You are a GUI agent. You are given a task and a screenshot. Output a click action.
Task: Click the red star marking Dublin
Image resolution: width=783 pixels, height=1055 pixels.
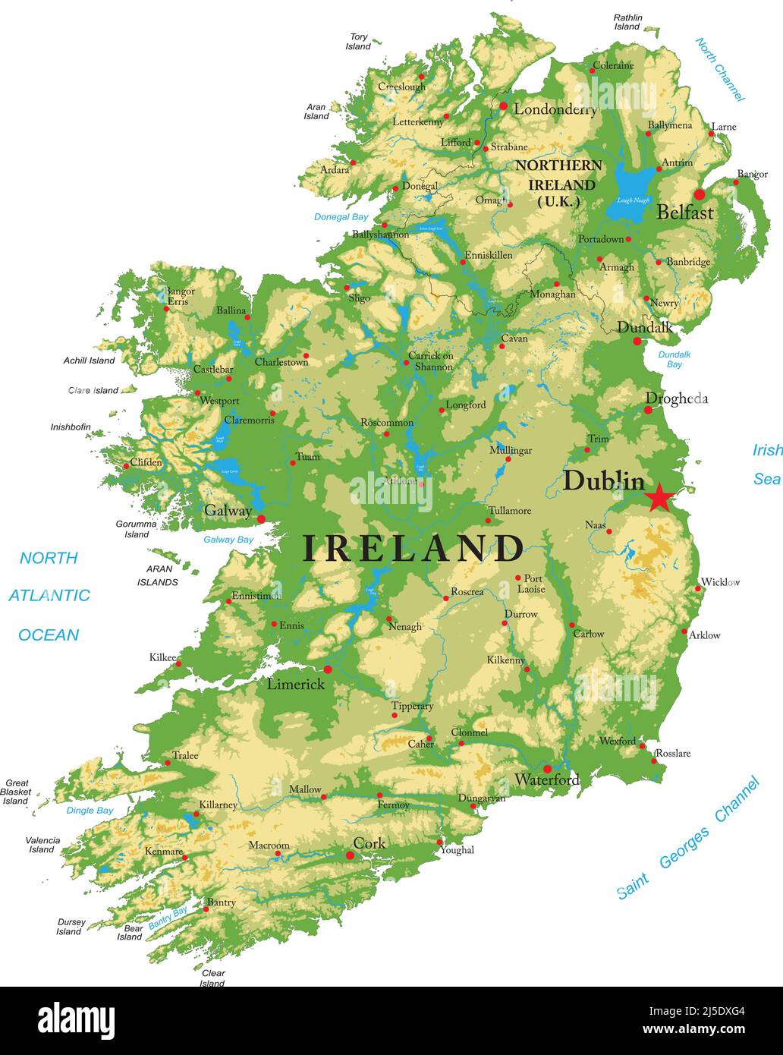click(659, 498)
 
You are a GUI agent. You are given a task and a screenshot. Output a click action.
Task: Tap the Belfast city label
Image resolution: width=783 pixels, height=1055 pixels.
click(684, 213)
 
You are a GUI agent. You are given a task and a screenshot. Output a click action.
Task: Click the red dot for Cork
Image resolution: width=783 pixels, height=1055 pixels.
click(350, 855)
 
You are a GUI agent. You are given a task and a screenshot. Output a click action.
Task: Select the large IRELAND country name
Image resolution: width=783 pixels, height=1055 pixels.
click(414, 548)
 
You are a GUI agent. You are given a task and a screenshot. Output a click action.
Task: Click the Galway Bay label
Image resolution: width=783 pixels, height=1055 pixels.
click(228, 540)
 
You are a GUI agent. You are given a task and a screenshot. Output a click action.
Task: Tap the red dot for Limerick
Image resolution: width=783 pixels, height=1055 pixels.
click(328, 669)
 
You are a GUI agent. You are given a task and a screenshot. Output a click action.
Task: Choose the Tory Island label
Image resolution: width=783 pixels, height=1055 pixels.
click(358, 42)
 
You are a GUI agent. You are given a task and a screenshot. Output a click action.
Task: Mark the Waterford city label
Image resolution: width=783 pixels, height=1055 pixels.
click(546, 779)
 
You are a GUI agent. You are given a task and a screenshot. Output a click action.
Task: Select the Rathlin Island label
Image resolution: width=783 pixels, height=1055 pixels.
click(627, 22)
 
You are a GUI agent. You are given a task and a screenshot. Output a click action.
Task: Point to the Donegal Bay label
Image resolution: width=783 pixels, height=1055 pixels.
click(341, 217)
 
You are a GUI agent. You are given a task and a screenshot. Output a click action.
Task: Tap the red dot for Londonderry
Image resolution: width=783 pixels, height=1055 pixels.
click(503, 106)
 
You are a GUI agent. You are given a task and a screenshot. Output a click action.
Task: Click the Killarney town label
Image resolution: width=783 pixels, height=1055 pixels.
click(219, 805)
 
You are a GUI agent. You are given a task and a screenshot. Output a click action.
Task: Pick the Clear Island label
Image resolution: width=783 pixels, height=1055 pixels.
click(212, 978)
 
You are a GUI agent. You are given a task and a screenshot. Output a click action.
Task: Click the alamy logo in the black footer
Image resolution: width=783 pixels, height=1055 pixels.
click(77, 1019)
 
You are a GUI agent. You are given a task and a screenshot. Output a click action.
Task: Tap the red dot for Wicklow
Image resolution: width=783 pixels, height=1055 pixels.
click(699, 588)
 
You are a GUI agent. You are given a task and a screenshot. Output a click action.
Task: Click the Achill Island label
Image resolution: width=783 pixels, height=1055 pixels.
click(89, 361)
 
